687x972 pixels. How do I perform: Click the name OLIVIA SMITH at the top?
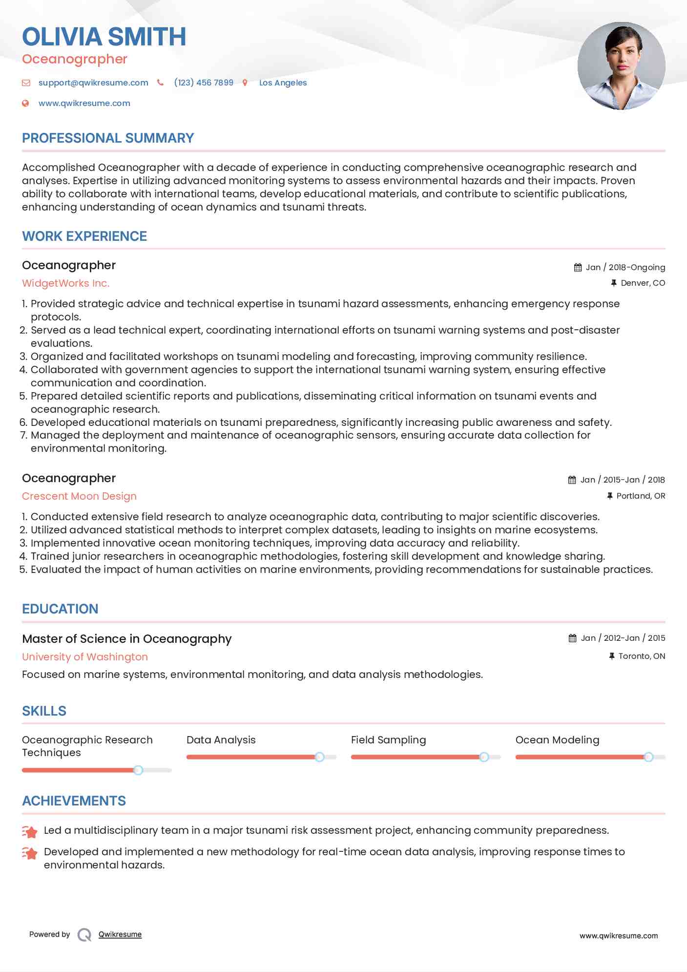(104, 37)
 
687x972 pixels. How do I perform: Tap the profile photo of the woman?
(621, 66)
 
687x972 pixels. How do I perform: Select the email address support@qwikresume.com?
(93, 83)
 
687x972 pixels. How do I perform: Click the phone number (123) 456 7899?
(204, 83)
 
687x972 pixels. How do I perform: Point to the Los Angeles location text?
(283, 83)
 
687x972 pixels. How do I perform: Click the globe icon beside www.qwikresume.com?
(26, 104)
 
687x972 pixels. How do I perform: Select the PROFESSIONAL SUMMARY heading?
(108, 138)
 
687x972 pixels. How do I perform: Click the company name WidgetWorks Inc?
(65, 283)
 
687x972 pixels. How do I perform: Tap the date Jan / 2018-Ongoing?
(625, 268)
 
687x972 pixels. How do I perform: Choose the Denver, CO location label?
(643, 283)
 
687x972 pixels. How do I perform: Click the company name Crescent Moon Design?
(79, 496)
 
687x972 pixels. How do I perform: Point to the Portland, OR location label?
(641, 496)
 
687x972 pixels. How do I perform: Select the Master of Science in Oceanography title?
(127, 639)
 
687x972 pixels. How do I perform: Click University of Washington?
(85, 657)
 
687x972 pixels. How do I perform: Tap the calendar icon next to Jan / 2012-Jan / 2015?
(572, 638)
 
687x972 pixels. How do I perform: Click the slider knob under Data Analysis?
(319, 757)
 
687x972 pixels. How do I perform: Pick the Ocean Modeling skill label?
(557, 740)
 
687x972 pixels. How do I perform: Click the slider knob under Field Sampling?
(484, 757)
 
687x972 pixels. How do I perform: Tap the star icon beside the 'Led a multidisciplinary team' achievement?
(30, 831)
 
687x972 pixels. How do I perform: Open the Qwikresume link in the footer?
(120, 934)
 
